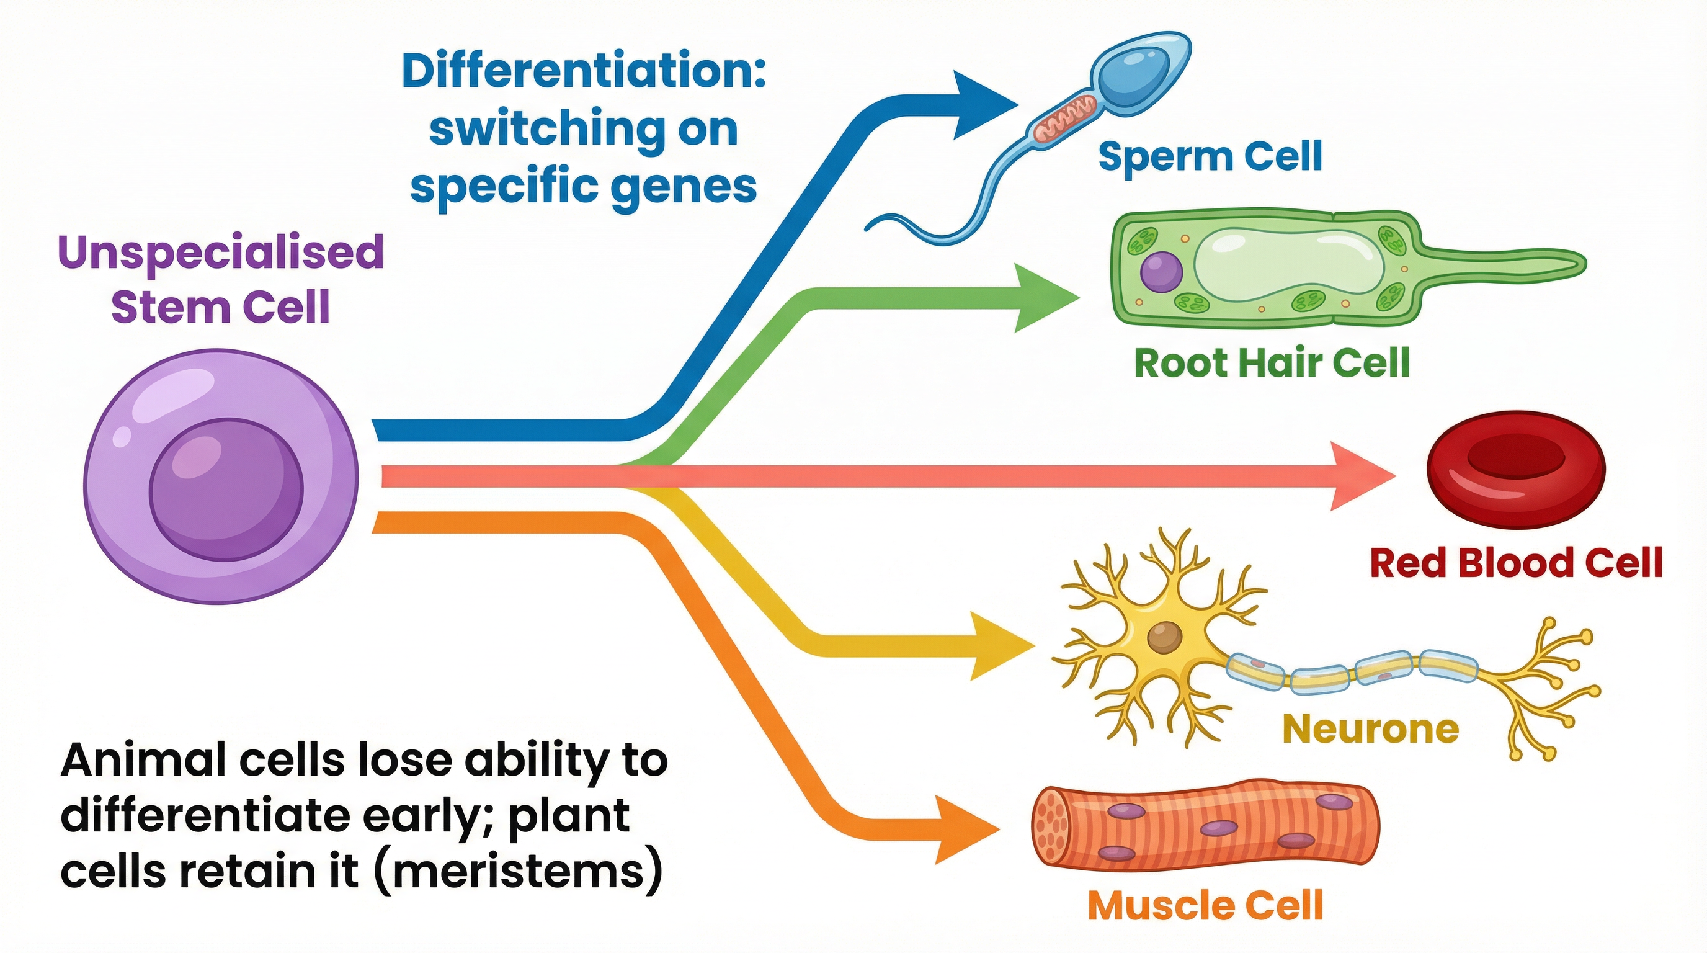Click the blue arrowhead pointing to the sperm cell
click(981, 105)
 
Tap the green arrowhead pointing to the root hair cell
click(1041, 298)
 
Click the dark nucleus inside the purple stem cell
click(226, 490)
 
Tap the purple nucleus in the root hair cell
click(1161, 272)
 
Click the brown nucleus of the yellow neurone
click(1164, 638)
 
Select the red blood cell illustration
click(1515, 468)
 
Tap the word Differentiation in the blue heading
click(583, 71)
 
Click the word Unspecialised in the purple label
click(221, 252)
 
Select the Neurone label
click(1370, 728)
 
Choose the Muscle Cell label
click(1205, 905)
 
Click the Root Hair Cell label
click(1272, 362)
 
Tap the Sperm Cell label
click(1210, 156)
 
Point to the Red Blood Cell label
click(1516, 563)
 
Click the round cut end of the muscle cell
click(1051, 826)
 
